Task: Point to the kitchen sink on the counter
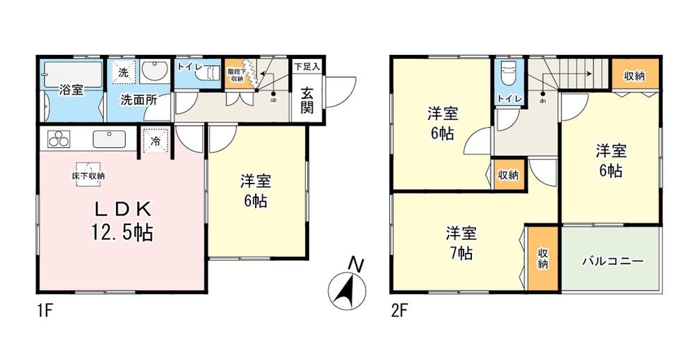[109, 138]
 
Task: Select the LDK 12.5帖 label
[119, 220]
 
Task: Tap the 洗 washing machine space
[122, 72]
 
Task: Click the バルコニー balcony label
[612, 261]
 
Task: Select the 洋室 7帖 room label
[460, 242]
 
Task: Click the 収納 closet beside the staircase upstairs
[632, 74]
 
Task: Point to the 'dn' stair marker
[542, 101]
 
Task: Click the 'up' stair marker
[273, 99]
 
